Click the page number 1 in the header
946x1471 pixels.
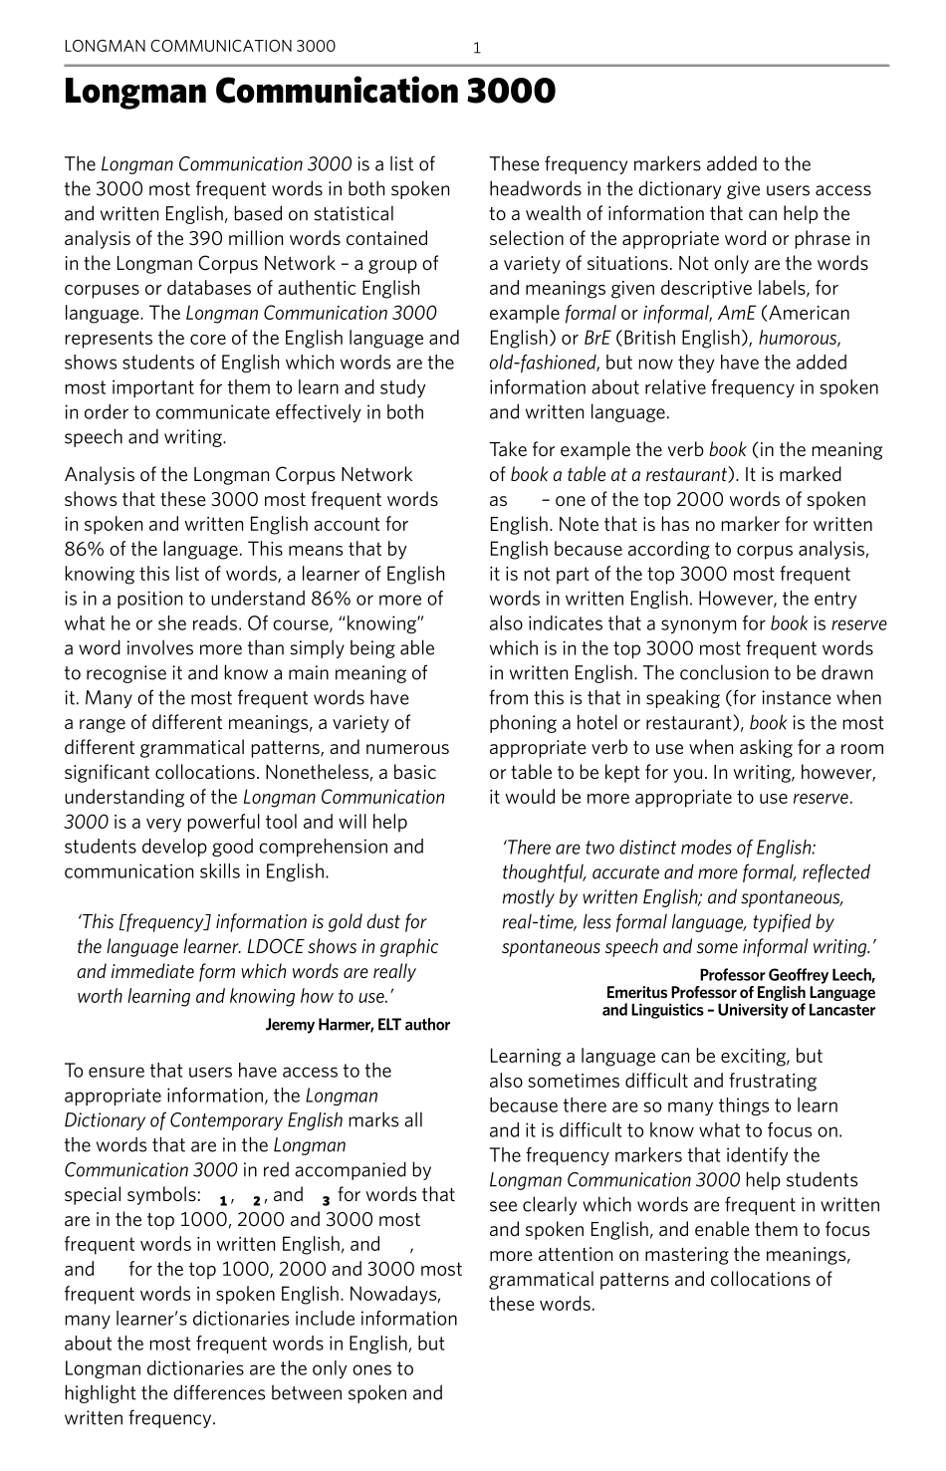(477, 47)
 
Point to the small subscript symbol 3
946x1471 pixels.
(326, 1200)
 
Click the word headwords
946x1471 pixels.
(538, 189)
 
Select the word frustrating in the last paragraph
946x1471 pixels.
(768, 1082)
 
